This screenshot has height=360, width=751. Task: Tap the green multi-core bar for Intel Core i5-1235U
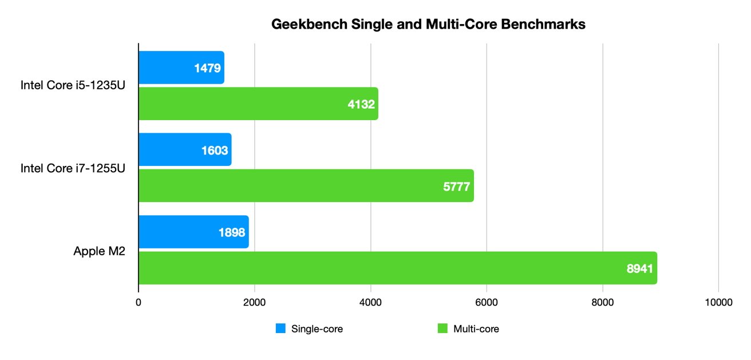coord(240,104)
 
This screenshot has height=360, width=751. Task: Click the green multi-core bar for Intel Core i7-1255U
coord(286,186)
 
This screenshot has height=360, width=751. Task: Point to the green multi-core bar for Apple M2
coord(372,268)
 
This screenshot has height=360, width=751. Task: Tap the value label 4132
coord(361,104)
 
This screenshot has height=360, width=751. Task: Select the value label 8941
coord(640,268)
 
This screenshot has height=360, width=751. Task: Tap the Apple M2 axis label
coord(99,251)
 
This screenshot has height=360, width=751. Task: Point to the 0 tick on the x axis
coord(139,303)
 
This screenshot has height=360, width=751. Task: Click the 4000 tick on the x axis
coord(370,303)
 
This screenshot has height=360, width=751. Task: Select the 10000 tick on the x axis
coord(718,303)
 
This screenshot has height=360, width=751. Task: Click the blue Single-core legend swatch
coord(280,329)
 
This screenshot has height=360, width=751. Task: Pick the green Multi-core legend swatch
coord(442,329)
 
